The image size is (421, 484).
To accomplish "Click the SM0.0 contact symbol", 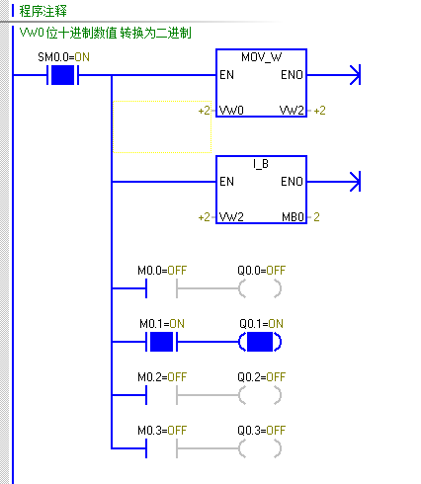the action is pyautogui.click(x=62, y=75).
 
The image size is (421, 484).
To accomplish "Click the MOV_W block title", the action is pyautogui.click(x=262, y=57).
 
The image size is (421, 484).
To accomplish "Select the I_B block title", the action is pyautogui.click(x=261, y=164).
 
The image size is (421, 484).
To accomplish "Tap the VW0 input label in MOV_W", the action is pyautogui.click(x=231, y=110).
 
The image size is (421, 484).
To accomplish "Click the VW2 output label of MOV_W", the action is pyautogui.click(x=292, y=110).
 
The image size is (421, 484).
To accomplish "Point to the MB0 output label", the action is pyautogui.click(x=293, y=217).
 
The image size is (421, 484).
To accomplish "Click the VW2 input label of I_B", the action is pyautogui.click(x=231, y=217).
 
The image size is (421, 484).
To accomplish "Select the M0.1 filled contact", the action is pyautogui.click(x=161, y=342).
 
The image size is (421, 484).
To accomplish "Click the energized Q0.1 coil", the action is pyautogui.click(x=260, y=342).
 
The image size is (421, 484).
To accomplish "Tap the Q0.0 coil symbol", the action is pyautogui.click(x=260, y=288).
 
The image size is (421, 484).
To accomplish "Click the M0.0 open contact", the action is pyautogui.click(x=161, y=288).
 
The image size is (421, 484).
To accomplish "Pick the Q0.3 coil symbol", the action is pyautogui.click(x=260, y=448).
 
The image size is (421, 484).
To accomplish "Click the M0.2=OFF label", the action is pyautogui.click(x=162, y=377).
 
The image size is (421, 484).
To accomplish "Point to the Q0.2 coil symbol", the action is pyautogui.click(x=260, y=395).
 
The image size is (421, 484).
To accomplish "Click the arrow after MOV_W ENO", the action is pyautogui.click(x=334, y=75).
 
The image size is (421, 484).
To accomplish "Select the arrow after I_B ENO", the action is pyautogui.click(x=334, y=182).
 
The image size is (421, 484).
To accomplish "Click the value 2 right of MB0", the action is pyautogui.click(x=316, y=217).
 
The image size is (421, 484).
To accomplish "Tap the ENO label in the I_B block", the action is pyautogui.click(x=292, y=182).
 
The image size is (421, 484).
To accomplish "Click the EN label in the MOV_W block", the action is pyautogui.click(x=226, y=75).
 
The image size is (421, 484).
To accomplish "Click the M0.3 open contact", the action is pyautogui.click(x=161, y=448).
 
